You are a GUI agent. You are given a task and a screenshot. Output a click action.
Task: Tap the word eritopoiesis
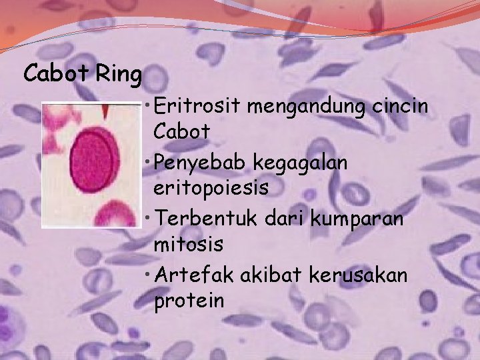pyautogui.click(x=211, y=188)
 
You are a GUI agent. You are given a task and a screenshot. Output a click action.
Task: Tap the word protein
pyautogui.click(x=189, y=301)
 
